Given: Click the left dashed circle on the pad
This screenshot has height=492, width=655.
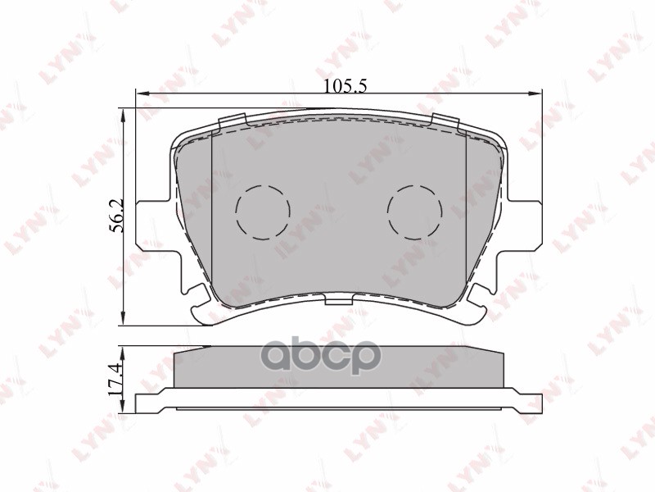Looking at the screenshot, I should [x=262, y=212].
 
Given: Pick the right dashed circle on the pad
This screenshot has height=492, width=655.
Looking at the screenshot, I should [x=414, y=212].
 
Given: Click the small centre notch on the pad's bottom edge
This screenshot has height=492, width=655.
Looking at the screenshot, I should [x=337, y=301].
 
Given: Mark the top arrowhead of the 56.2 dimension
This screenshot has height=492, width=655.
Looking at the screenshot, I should [x=124, y=113].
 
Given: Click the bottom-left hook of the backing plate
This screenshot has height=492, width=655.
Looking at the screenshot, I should [x=201, y=310].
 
